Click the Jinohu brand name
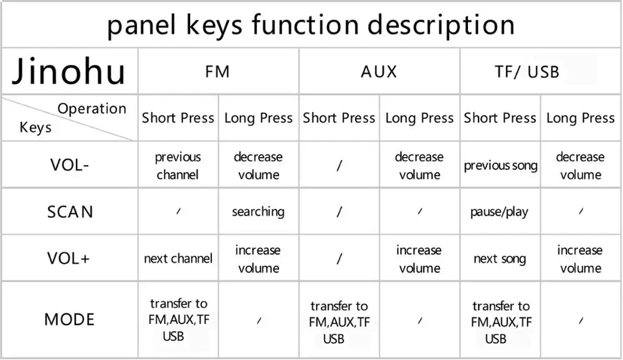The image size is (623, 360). [x=69, y=72]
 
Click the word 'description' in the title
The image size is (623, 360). [x=441, y=25]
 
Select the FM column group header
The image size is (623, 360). [x=217, y=72]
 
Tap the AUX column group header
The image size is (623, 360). [x=379, y=72]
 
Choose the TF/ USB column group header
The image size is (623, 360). [x=527, y=72]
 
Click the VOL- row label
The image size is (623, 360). [x=70, y=166]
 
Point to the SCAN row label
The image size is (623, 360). [x=70, y=212]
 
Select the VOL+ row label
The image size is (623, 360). [x=70, y=258]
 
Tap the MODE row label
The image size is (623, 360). [x=70, y=320]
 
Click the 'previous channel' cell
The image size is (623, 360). [x=178, y=166]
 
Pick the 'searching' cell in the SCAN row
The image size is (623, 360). [x=258, y=212]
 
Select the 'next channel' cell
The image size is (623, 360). [x=178, y=258]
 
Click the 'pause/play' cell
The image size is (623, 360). [x=500, y=212]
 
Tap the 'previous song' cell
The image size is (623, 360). [x=500, y=166]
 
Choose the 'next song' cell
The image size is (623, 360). [x=500, y=258]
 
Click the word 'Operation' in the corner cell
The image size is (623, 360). [x=92, y=109]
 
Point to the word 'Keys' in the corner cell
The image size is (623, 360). [x=36, y=128]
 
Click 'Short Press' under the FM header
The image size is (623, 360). [x=178, y=118]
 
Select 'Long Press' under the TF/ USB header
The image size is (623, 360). [x=580, y=118]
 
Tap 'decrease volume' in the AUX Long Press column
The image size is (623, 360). [x=419, y=166]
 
